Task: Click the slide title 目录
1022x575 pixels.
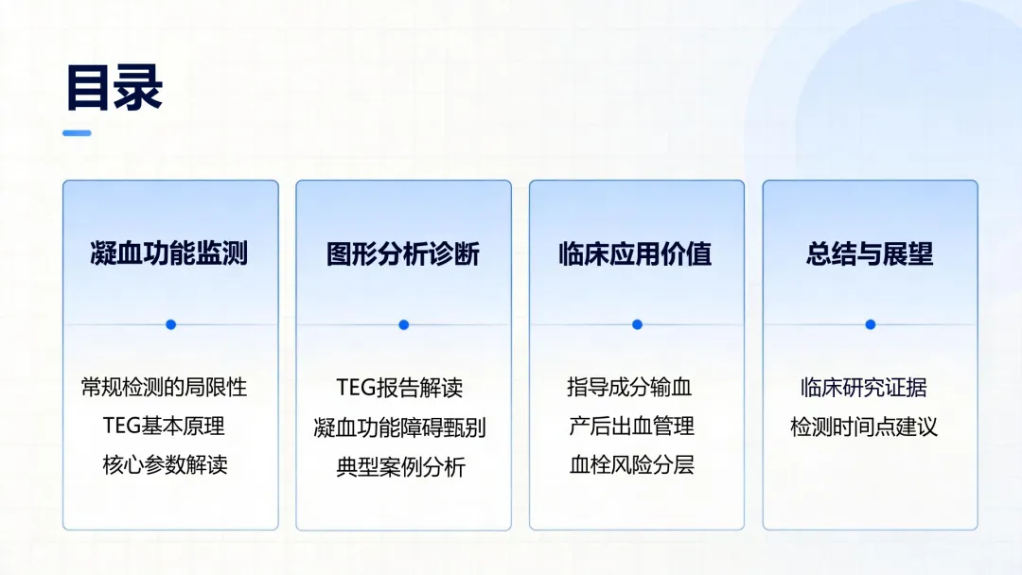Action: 115,87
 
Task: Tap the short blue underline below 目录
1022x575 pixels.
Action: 77,132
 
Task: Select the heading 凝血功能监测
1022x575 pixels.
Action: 169,253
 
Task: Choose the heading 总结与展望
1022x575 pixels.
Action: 870,253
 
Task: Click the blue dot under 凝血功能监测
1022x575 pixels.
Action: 170,324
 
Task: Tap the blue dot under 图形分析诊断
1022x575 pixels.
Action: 404,324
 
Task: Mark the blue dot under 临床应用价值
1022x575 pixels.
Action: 638,324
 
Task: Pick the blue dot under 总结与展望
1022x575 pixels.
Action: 871,324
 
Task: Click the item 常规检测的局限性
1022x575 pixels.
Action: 165,388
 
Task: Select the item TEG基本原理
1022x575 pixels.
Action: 164,426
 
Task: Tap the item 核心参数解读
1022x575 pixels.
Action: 165,465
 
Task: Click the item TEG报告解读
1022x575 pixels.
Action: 399,388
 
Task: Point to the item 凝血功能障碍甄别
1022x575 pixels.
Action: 399,427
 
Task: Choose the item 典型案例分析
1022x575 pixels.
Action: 401,467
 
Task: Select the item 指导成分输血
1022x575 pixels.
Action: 629,388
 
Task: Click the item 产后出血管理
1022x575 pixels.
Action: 631,427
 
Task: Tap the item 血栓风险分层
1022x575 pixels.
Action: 631,465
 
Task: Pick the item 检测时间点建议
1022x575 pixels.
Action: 864,427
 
